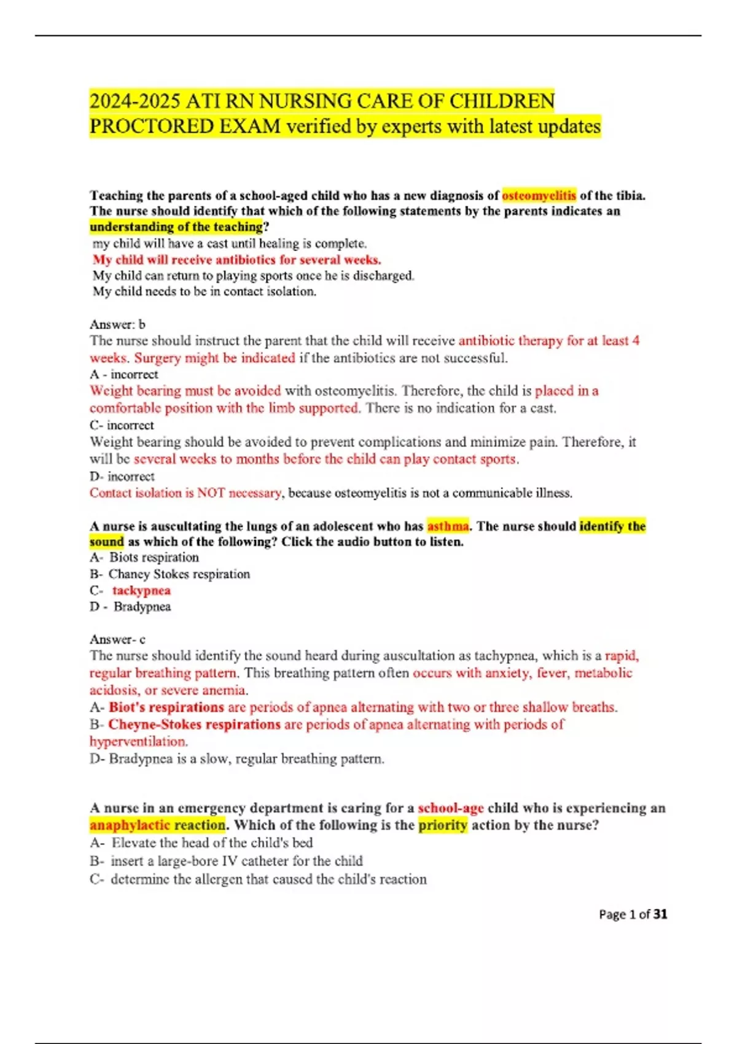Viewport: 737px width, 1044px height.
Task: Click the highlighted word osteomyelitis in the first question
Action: (x=539, y=195)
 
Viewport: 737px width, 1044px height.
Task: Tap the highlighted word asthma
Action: (x=448, y=526)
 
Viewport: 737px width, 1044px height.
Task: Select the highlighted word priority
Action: (x=443, y=825)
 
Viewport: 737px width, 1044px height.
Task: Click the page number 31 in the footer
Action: (x=660, y=914)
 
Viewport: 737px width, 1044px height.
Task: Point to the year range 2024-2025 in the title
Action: (x=135, y=101)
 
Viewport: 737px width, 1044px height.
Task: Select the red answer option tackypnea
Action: (x=141, y=590)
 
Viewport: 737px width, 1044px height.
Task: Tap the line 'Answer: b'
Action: (x=117, y=324)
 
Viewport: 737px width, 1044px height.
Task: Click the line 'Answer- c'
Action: (x=117, y=639)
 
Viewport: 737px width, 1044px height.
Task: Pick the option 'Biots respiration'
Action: (x=154, y=557)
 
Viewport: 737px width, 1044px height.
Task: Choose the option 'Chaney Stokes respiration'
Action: (x=179, y=574)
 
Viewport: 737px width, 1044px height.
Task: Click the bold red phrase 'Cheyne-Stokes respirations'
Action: (x=194, y=724)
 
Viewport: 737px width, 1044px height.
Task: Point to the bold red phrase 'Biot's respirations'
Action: (x=166, y=707)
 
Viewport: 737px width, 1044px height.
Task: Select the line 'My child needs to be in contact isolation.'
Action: (x=205, y=291)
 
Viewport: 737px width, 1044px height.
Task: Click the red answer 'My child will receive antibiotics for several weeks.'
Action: (x=237, y=259)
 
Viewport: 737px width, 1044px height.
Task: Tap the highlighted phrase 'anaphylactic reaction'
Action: (x=158, y=825)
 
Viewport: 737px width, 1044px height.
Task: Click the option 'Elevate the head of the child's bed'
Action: (x=212, y=843)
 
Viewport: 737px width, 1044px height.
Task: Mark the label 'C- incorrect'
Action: (x=122, y=425)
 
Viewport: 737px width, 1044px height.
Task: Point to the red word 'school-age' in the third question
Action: (x=451, y=808)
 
